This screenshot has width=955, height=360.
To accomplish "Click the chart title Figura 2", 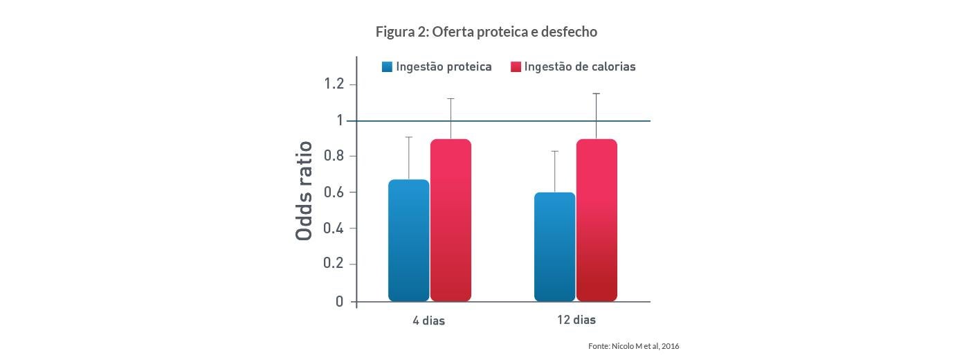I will coord(486,32).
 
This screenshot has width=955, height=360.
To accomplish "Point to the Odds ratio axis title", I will coord(304,191).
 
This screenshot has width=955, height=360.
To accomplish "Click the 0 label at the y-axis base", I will coord(339,301).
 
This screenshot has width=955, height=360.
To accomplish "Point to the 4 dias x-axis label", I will coord(429,321).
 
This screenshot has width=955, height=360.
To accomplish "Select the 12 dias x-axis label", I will coord(576,320).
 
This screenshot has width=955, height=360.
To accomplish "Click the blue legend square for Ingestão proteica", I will coord(387,67).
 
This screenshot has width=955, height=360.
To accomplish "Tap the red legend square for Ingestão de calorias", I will coord(516,67).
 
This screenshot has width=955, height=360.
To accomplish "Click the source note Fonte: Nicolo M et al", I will coord(634,345).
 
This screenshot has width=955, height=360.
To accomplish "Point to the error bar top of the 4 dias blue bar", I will coord(409,137).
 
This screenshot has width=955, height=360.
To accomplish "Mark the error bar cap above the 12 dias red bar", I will coord(596,93).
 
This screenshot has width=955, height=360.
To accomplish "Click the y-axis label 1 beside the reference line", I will coord(340,120).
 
